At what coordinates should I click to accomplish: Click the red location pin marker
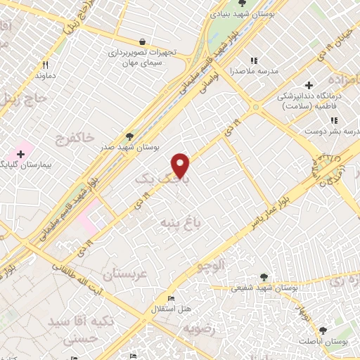(x=181, y=165)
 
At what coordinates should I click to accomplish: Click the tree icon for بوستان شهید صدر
(x=129, y=136)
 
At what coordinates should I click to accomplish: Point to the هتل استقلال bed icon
(x=171, y=298)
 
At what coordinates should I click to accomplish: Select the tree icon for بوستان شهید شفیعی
(x=264, y=277)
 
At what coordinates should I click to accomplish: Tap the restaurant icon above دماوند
(x=45, y=64)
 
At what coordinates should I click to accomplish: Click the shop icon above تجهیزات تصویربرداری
(x=143, y=41)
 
